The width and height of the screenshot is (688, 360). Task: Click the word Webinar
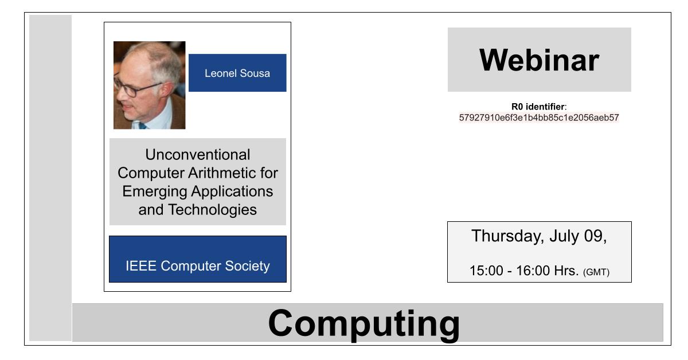coord(539,60)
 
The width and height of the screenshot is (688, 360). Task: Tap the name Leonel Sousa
coord(237,73)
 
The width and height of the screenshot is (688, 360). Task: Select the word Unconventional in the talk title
coord(197,155)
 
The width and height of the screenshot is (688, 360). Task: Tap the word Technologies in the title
coord(212,210)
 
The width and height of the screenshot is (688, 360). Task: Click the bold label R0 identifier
coord(538,107)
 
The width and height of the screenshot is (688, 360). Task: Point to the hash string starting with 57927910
coord(539,118)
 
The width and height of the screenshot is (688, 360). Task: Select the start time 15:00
coord(486,271)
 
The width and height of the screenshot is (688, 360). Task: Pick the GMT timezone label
coord(596,272)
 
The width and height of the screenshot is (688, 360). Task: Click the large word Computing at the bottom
coord(364,324)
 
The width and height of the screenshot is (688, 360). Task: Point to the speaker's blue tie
coord(142,126)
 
